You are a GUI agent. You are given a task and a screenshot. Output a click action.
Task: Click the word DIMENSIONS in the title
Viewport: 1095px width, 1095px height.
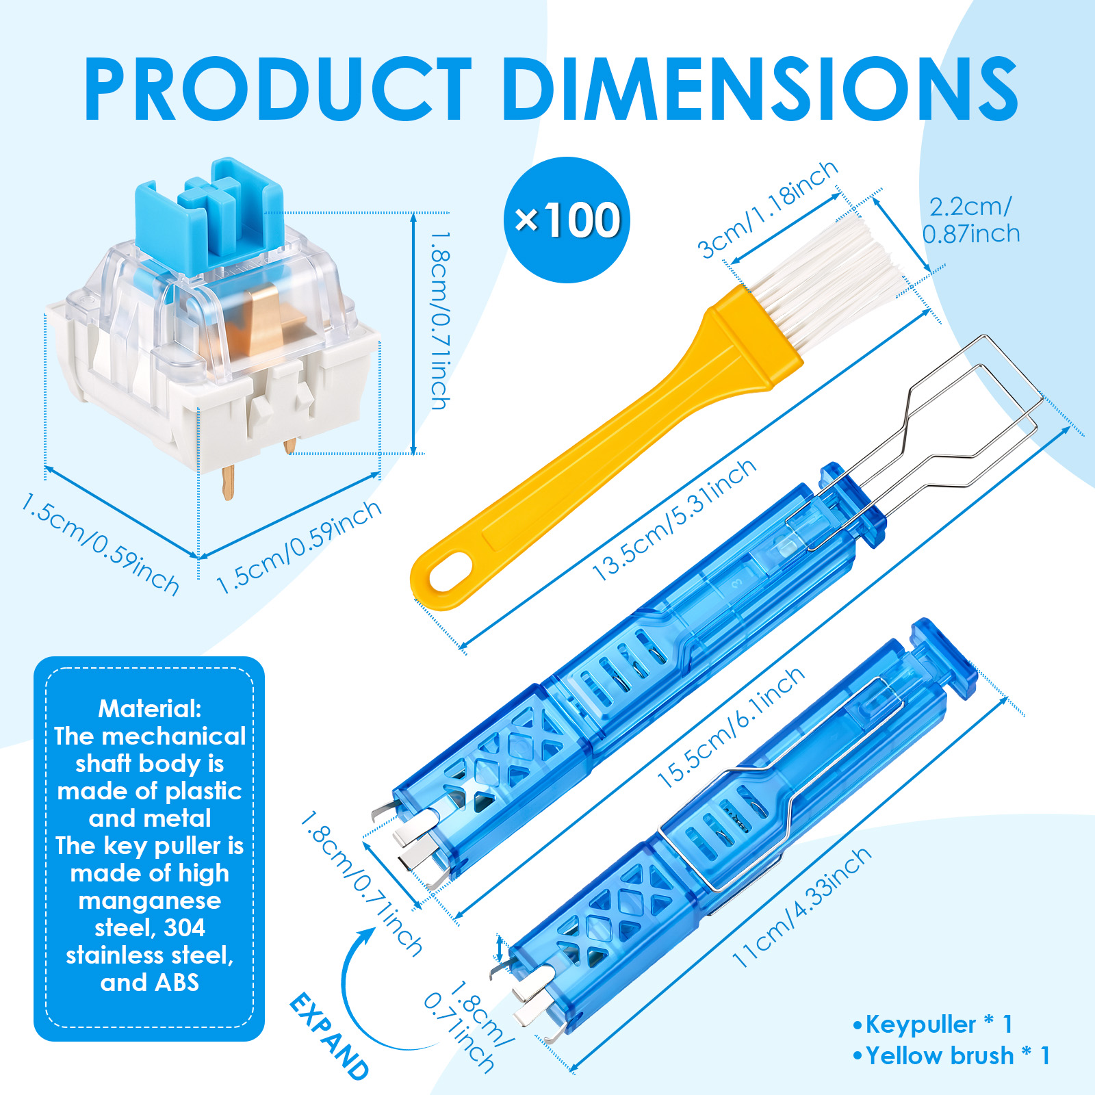pyautogui.click(x=760, y=89)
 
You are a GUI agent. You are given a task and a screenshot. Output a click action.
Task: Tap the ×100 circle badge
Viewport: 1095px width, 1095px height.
pyautogui.click(x=567, y=220)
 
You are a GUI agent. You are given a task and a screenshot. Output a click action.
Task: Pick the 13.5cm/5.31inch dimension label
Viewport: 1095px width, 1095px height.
pyautogui.click(x=674, y=520)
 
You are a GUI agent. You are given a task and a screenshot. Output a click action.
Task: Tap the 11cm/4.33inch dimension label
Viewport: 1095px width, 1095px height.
pyautogui.click(x=801, y=907)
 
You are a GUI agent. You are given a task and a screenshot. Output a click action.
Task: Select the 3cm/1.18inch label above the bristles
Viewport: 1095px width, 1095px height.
pyautogui.click(x=767, y=209)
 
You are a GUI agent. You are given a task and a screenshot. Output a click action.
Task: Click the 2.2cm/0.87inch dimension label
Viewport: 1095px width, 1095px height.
pyautogui.click(x=970, y=220)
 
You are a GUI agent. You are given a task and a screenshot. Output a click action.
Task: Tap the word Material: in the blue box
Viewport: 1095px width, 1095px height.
pyautogui.click(x=150, y=708)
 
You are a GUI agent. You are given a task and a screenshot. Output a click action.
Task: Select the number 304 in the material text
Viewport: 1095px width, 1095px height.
pyautogui.click(x=184, y=927)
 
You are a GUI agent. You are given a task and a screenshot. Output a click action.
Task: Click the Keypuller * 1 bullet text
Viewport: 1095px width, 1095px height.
pyautogui.click(x=933, y=1025)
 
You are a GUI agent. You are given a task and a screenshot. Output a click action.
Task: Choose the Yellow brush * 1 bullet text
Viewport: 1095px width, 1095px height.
pyautogui.click(x=951, y=1055)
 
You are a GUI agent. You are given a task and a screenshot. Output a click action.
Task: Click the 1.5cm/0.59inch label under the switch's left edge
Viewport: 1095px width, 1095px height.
pyautogui.click(x=100, y=543)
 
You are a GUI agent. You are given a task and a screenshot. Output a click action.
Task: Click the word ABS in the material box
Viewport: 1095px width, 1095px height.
pyautogui.click(x=177, y=982)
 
